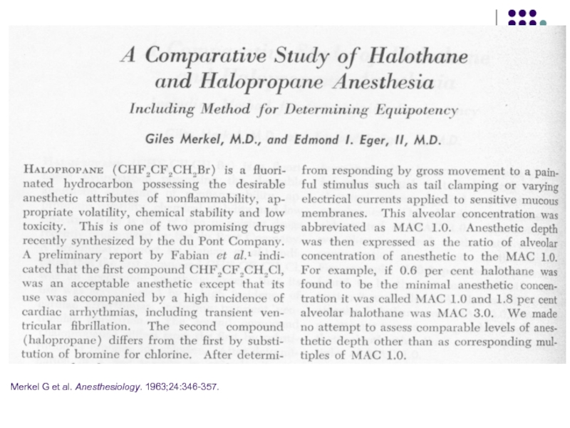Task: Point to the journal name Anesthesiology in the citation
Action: [107, 386]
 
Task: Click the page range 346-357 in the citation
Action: [202, 386]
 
